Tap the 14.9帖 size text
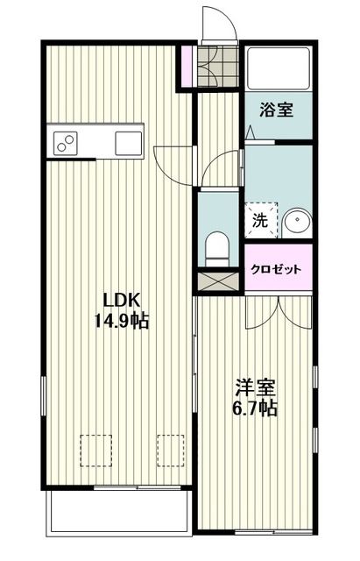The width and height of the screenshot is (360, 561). point(121,321)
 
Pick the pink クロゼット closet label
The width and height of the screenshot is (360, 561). point(277,270)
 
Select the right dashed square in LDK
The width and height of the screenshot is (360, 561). point(169,451)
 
